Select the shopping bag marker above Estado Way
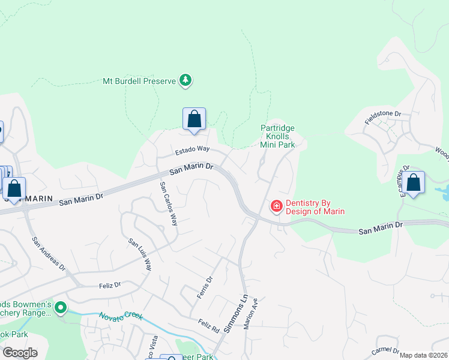tap(194, 119)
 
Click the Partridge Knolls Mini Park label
tap(277, 136)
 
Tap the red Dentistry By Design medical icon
tap(277, 206)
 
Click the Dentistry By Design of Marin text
tap(315, 207)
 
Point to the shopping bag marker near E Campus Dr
tap(413, 182)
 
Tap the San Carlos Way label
tap(169, 203)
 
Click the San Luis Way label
tap(140, 254)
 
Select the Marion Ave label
tap(252, 313)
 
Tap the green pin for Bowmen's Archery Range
tap(60, 308)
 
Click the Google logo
tap(20, 353)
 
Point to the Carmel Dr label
tap(385, 350)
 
